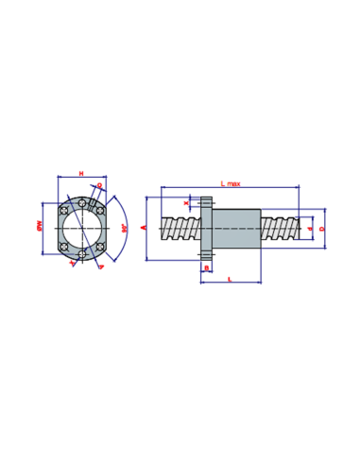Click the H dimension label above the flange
(81, 173)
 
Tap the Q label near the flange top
(100, 185)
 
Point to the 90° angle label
(124, 228)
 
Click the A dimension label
(144, 228)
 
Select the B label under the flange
(206, 267)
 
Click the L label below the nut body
(231, 278)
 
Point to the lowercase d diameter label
(309, 228)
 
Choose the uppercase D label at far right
(322, 228)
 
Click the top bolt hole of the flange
(82, 203)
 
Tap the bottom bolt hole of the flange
(82, 253)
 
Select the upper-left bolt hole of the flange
(63, 210)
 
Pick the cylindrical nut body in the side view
(235, 229)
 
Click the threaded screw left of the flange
(180, 229)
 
